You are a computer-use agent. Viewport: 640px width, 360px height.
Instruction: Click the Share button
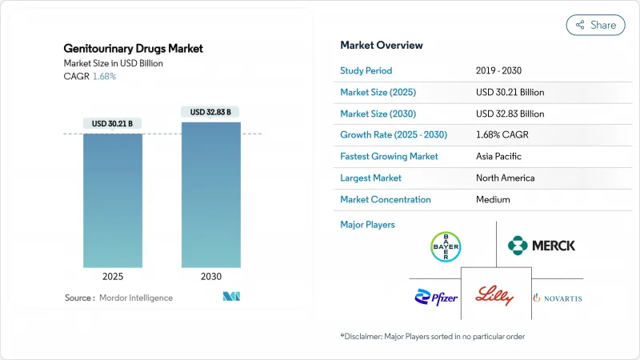(596, 25)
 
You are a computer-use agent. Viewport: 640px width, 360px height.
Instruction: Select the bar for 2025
(113, 200)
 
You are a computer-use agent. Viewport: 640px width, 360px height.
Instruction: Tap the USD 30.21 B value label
(113, 123)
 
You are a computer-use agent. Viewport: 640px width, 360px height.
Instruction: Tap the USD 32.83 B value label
(210, 111)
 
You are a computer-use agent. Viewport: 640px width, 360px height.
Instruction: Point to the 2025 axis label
(113, 276)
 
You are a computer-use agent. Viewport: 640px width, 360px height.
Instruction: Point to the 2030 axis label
(210, 276)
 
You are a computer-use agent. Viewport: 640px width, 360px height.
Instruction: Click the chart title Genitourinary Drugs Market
(134, 49)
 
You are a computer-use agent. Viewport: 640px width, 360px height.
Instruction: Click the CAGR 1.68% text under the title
(91, 76)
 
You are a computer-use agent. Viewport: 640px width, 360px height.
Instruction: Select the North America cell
(505, 178)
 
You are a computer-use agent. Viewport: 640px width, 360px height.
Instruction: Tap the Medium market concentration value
(494, 199)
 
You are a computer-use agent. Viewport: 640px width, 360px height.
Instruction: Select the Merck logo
(542, 245)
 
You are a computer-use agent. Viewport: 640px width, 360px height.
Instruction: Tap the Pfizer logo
(436, 298)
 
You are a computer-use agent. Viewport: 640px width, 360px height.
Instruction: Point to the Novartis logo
(558, 298)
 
